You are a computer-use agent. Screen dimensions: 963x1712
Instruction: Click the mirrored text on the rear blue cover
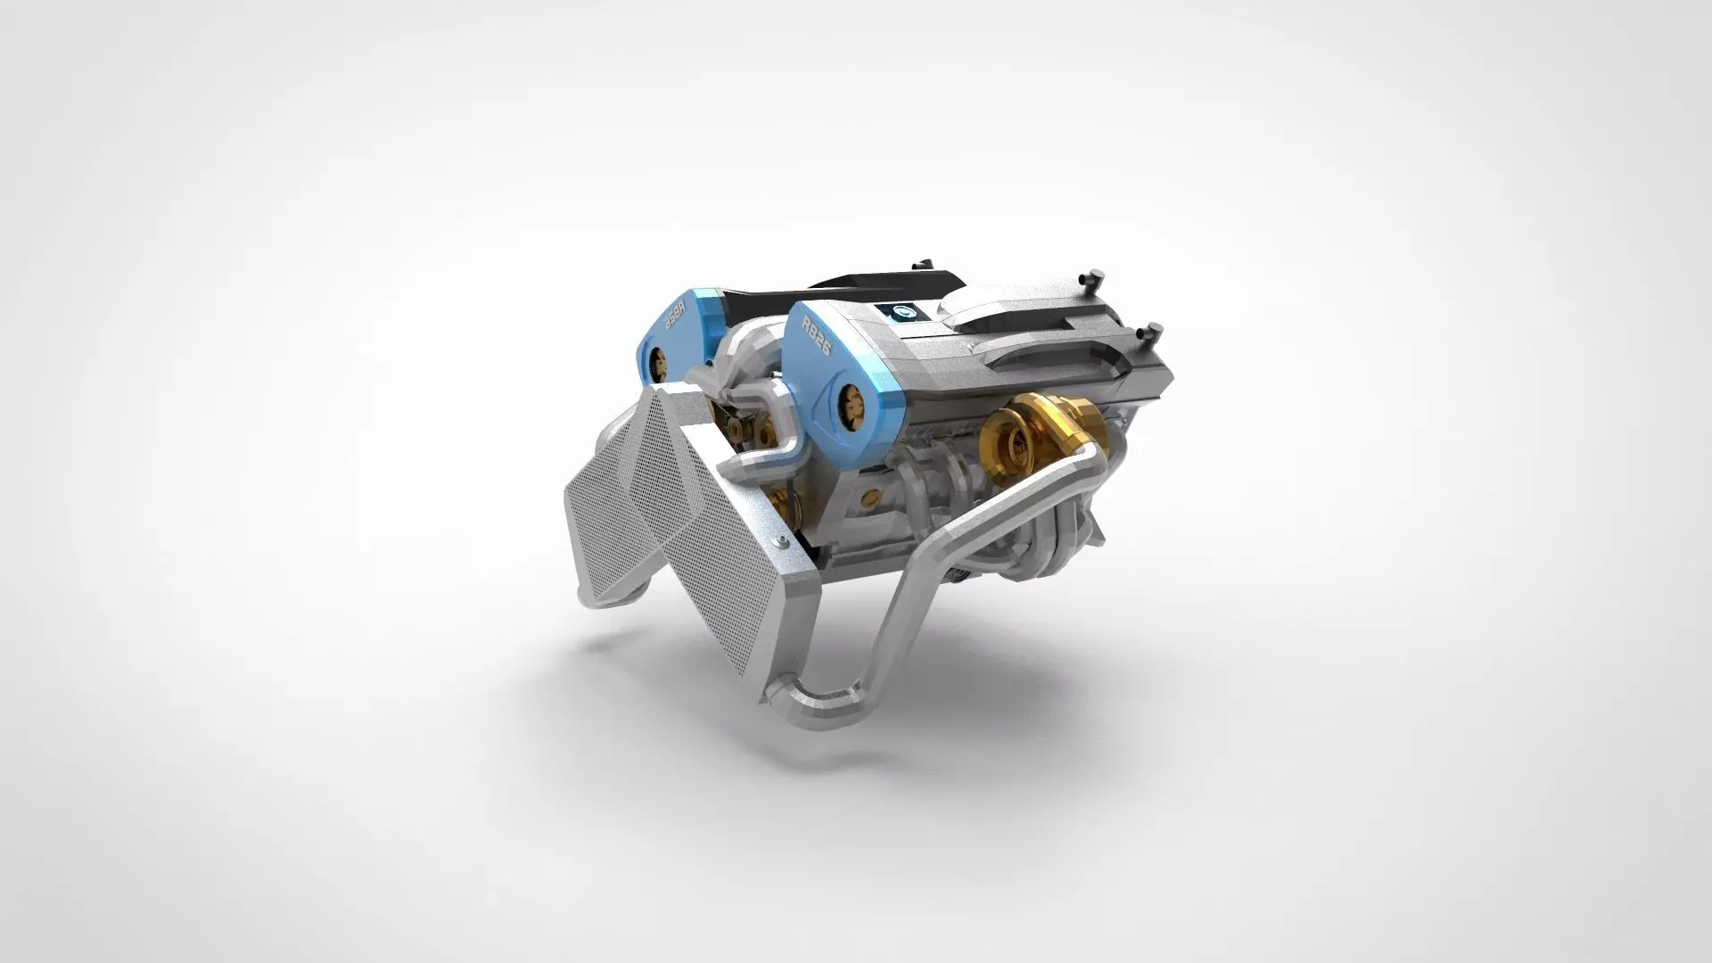click(x=676, y=316)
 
